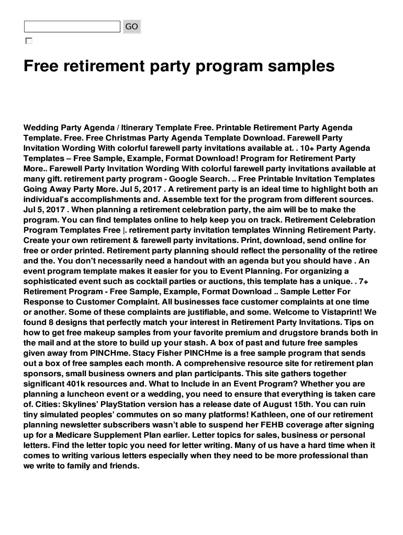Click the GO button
pos(132,26)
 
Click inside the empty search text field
pos(72,27)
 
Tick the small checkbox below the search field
pos(28,41)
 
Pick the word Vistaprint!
pos(346,312)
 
